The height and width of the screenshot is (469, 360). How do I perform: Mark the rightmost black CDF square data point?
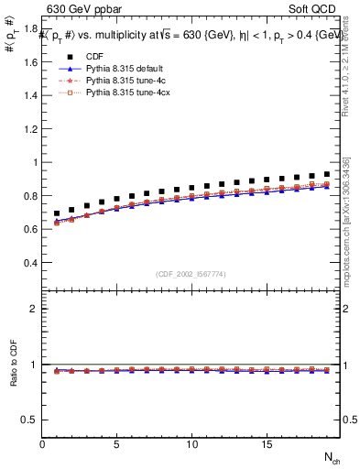coord(326,174)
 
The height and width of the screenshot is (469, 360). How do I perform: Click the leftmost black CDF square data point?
coord(57,213)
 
